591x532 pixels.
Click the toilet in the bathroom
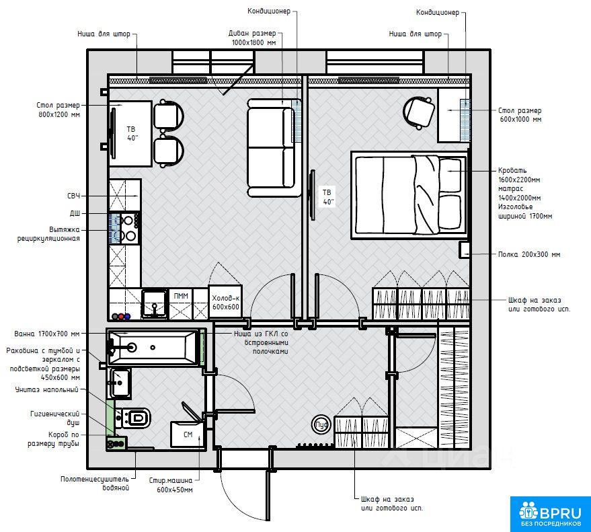click(x=134, y=418)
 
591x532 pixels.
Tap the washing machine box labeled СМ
click(x=188, y=434)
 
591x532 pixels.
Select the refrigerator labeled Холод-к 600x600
click(x=225, y=303)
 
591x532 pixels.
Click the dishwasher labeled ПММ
click(x=181, y=304)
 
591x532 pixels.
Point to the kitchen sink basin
click(x=155, y=302)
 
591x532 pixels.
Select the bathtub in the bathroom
click(x=154, y=347)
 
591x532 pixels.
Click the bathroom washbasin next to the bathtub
click(x=120, y=383)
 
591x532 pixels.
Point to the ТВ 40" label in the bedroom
click(x=327, y=197)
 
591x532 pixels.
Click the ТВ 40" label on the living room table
click(x=132, y=133)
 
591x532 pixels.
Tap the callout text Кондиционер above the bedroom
click(x=438, y=12)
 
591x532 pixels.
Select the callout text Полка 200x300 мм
click(x=529, y=254)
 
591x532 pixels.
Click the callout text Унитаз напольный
click(x=47, y=390)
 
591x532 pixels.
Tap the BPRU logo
click(x=550, y=514)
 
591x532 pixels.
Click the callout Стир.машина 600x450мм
click(x=171, y=485)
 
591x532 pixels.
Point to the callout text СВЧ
click(x=73, y=196)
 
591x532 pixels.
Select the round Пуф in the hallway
click(x=322, y=425)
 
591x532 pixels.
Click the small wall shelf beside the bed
click(x=465, y=250)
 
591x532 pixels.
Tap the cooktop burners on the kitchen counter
click(x=129, y=227)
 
